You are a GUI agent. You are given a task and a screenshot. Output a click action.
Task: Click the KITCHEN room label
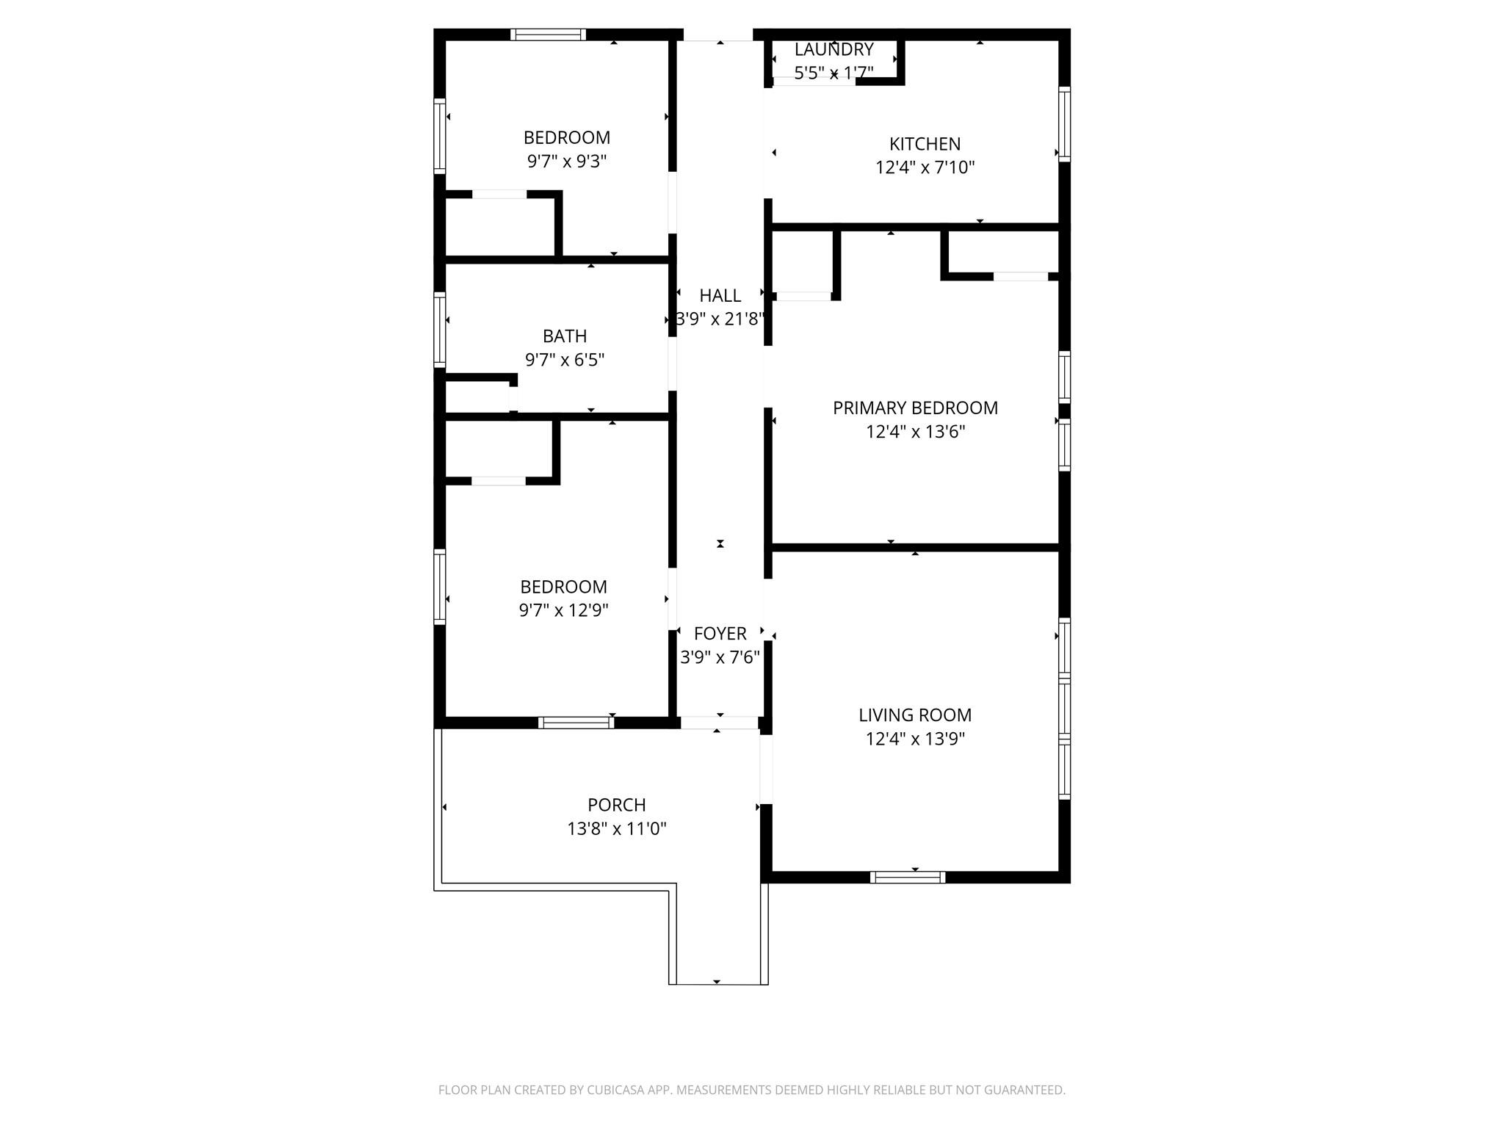pyautogui.click(x=925, y=144)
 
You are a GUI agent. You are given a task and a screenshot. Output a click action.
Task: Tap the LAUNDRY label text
pyautogui.click(x=834, y=50)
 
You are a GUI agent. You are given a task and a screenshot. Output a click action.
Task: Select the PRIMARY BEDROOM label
pyautogui.click(x=915, y=408)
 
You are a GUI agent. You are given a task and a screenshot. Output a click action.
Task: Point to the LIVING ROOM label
pyautogui.click(x=915, y=715)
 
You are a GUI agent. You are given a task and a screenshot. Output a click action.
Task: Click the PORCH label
pyautogui.click(x=616, y=805)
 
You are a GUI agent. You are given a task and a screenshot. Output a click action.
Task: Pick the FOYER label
pyautogui.click(x=720, y=634)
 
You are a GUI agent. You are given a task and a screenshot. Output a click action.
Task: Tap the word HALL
pyautogui.click(x=720, y=296)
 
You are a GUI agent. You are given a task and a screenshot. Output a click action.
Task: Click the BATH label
pyautogui.click(x=564, y=336)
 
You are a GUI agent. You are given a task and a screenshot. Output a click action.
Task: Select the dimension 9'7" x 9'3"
pyautogui.click(x=566, y=162)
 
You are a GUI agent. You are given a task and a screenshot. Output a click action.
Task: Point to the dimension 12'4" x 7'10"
pyautogui.click(x=925, y=167)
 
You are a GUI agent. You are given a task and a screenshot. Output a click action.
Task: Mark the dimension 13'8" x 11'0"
pyautogui.click(x=616, y=829)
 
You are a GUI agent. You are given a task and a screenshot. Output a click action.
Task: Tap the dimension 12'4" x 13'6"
pyautogui.click(x=915, y=432)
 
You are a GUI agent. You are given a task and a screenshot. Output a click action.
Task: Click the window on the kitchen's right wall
pyautogui.click(x=1064, y=123)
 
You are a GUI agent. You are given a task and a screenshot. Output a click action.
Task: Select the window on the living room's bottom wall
pyautogui.click(x=907, y=877)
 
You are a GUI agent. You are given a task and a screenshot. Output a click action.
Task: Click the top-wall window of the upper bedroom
pyautogui.click(x=548, y=35)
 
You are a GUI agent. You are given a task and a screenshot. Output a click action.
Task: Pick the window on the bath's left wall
pyautogui.click(x=440, y=330)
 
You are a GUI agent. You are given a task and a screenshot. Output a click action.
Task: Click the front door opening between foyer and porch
pyautogui.click(x=719, y=723)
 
